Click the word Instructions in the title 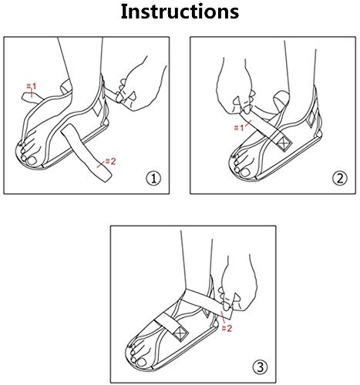tap(179, 13)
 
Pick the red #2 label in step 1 tap(109, 162)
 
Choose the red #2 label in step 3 tap(227, 328)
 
